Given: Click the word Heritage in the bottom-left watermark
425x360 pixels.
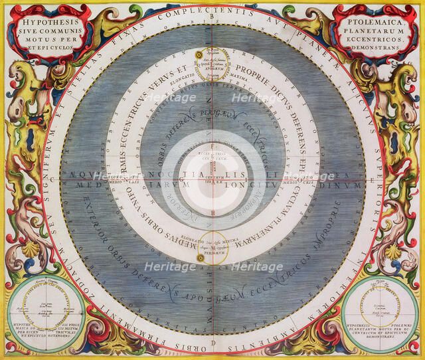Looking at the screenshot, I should (x=174, y=267).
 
